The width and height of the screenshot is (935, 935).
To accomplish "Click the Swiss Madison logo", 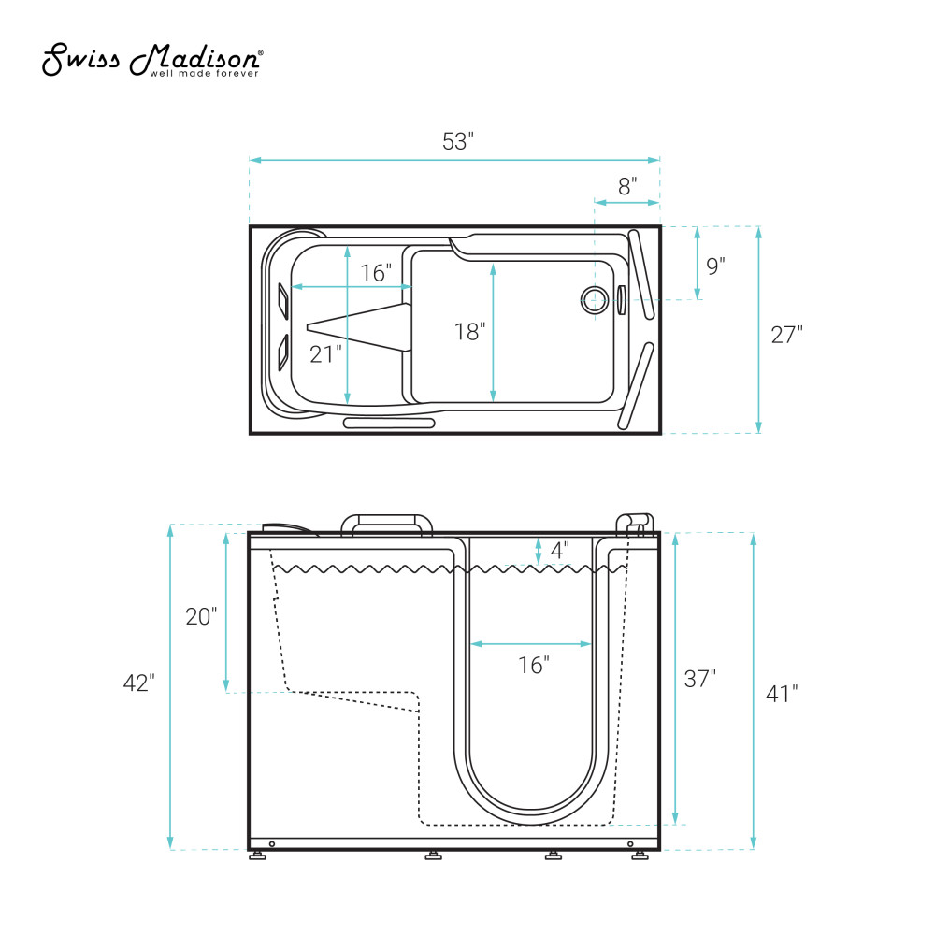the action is click(152, 60).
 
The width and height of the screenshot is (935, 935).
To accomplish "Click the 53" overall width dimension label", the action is click(458, 141).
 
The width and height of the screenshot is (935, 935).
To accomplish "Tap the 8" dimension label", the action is click(627, 186).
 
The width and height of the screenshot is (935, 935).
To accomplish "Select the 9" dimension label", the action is click(715, 266).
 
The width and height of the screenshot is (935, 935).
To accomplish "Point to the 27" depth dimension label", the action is click(787, 335).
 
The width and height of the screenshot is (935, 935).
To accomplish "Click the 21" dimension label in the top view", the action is click(325, 354).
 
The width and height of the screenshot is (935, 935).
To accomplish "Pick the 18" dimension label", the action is click(470, 332).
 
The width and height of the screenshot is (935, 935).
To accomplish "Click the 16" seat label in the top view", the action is click(376, 272).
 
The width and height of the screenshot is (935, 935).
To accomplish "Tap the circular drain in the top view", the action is click(595, 299).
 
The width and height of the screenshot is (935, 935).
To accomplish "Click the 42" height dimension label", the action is click(139, 683).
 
